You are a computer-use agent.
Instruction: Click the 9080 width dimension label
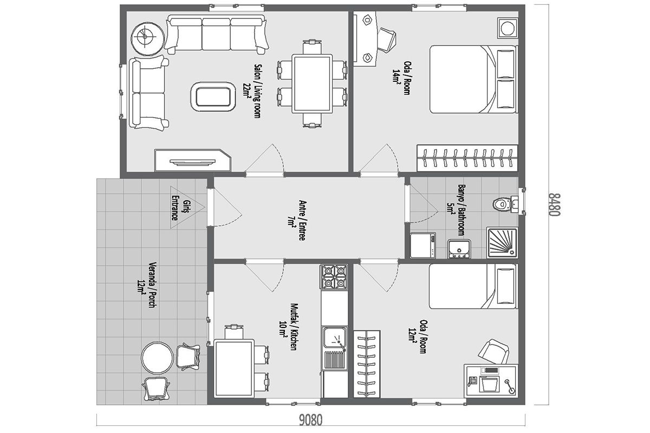310,420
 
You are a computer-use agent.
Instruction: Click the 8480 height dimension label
554,205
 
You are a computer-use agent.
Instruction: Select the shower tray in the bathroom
502,242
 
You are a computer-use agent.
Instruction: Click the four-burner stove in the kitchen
335,277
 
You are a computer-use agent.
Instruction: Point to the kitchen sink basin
335,338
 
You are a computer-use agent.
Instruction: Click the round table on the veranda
157,358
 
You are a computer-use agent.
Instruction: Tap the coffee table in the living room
213,97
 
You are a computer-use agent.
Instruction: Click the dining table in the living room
312,83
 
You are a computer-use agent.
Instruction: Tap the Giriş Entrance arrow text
180,207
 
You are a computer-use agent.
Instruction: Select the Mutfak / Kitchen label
288,327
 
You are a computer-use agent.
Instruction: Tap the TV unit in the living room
193,160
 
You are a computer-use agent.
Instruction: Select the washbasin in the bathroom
459,249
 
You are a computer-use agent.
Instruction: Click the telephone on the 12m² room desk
472,381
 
